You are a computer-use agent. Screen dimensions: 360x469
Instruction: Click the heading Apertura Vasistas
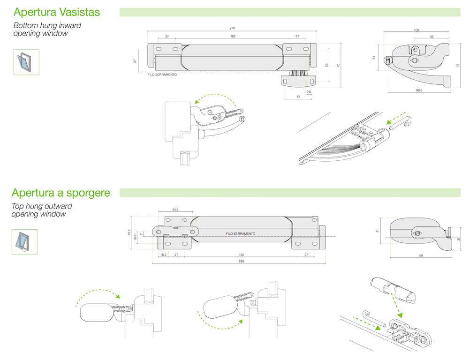(x=57, y=12)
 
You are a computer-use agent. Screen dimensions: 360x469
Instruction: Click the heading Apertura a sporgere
(x=61, y=193)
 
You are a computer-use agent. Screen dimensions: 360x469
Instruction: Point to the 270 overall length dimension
(x=233, y=29)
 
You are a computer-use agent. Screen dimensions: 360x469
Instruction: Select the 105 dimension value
(x=416, y=30)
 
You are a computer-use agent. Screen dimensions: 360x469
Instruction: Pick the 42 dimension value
(x=298, y=97)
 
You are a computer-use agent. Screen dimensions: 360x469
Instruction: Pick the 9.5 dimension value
(x=309, y=91)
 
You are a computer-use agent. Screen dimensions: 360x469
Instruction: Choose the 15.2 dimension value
(x=163, y=255)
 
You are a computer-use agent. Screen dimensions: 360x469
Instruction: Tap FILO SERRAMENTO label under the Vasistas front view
(x=162, y=75)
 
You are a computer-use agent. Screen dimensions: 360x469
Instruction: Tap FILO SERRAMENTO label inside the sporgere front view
(x=240, y=233)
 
